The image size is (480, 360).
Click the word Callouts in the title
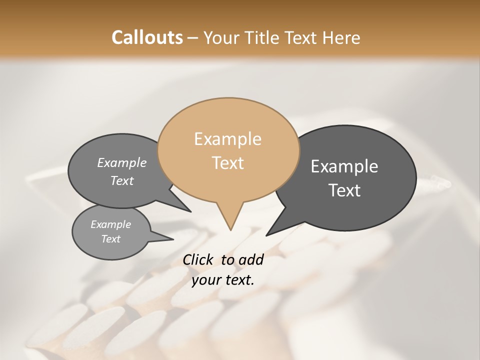[x=147, y=37]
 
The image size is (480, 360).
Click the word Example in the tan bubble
[x=227, y=139]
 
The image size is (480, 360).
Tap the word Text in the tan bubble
[x=228, y=163]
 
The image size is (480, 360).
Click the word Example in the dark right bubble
[x=344, y=166]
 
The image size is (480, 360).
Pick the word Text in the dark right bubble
[x=345, y=190]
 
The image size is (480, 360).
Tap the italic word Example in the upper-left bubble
[x=122, y=163]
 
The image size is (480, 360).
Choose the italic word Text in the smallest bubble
[x=111, y=239]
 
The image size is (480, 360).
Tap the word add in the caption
[x=251, y=260]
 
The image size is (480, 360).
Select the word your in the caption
[x=206, y=280]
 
